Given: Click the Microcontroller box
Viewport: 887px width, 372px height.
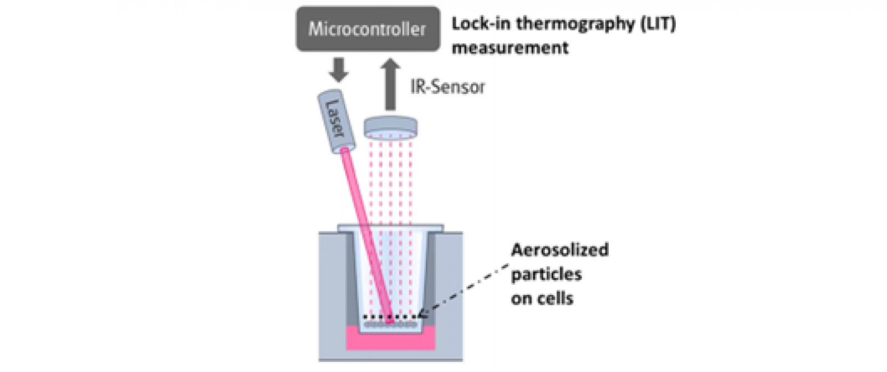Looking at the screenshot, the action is (368, 28).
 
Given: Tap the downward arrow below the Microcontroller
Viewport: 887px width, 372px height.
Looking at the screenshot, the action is (339, 70).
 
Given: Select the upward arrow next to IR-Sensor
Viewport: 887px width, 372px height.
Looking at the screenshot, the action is (390, 84).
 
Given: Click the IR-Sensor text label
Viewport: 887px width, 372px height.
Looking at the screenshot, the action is (447, 87).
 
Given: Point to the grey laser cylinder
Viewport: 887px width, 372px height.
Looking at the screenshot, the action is (337, 122).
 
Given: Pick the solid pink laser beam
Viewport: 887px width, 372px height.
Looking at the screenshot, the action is (366, 235).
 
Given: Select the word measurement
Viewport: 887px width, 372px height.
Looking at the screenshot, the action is (510, 48).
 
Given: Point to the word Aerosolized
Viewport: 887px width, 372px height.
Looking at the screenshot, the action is (559, 250).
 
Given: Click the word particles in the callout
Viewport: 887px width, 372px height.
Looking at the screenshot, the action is (546, 274).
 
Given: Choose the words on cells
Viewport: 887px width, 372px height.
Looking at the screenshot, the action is (542, 298).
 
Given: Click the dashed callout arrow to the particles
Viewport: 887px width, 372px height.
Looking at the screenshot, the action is (463, 290).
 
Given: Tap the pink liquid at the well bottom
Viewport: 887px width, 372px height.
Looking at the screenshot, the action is (390, 339).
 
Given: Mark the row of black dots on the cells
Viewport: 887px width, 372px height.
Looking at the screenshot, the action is (390, 317).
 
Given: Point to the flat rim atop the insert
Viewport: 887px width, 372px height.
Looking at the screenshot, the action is (390, 228).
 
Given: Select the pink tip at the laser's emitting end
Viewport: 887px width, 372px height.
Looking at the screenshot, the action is (344, 150).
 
